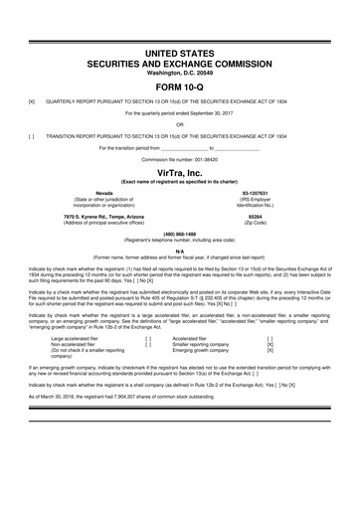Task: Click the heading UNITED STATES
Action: (180, 50)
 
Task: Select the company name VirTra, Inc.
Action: (180, 170)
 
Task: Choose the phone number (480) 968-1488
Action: (179, 235)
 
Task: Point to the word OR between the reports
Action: (180, 125)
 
